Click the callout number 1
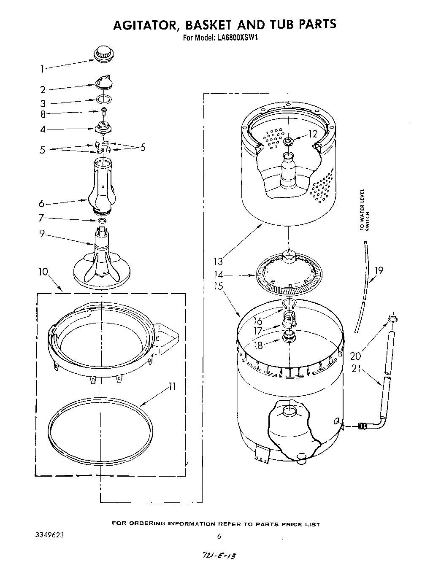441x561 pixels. (x=42, y=69)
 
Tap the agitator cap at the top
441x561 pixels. (x=103, y=55)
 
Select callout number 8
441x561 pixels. (x=43, y=114)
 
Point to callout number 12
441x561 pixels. (x=313, y=135)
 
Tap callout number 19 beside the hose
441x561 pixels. (x=379, y=270)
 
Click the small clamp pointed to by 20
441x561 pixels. (x=391, y=319)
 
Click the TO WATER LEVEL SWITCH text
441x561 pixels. (x=364, y=210)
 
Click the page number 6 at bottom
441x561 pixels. (x=219, y=537)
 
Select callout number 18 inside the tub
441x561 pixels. (x=258, y=345)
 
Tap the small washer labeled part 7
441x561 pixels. (x=102, y=221)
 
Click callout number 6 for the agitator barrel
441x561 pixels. (x=41, y=204)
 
